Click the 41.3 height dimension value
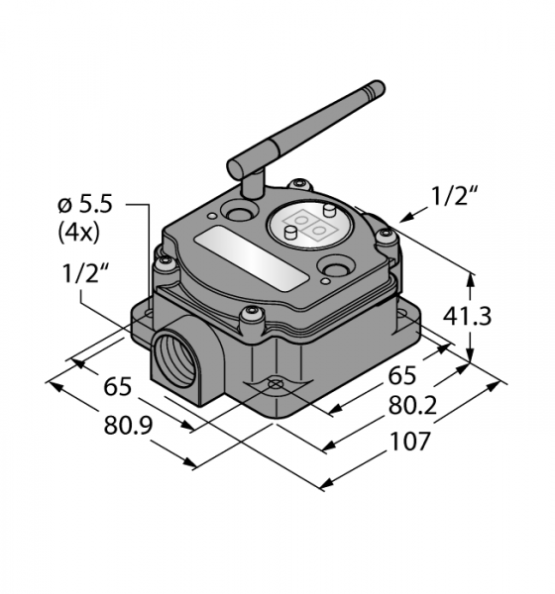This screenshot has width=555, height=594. (x=467, y=316)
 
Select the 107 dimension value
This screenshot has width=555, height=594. (x=410, y=441)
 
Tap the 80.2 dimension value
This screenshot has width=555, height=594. (x=413, y=406)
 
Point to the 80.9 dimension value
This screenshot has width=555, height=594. (x=128, y=425)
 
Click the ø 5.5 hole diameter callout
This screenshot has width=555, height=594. (x=85, y=205)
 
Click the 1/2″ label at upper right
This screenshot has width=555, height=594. (x=453, y=196)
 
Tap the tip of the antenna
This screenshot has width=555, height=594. (x=379, y=87)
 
